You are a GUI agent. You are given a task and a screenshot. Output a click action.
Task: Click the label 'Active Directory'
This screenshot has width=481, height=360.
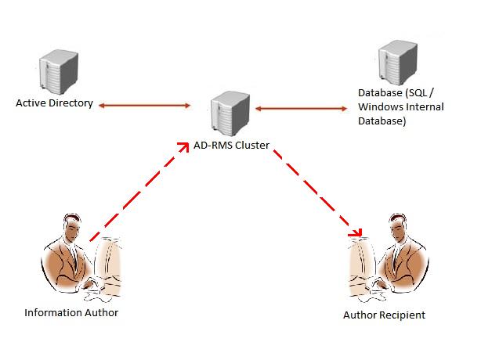pos(55,103)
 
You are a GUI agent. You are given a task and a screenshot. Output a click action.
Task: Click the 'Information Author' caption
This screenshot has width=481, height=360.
pos(71,313)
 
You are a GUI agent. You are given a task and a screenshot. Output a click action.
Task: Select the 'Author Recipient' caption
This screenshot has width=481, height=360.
pos(384,315)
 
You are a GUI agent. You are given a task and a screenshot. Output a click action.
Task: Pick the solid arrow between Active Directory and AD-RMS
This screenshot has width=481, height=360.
pos(144,104)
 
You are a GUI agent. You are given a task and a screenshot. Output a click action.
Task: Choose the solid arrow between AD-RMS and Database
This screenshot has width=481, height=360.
pos(302,108)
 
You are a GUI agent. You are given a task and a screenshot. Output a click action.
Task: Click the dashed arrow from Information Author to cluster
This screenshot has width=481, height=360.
pos(137,192)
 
